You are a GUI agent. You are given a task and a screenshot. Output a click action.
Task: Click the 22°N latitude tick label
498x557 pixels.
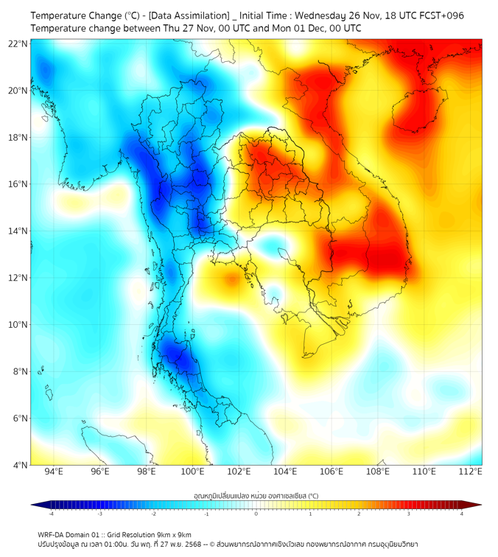[x=18, y=43]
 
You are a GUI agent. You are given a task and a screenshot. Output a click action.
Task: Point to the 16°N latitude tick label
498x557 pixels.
[x=18, y=184]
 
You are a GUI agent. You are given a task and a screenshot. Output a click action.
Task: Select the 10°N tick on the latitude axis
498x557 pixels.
[x=18, y=325]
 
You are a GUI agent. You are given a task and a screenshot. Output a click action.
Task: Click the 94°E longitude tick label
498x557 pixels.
[x=54, y=472]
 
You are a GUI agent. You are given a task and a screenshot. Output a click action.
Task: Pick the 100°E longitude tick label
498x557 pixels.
[x=193, y=472]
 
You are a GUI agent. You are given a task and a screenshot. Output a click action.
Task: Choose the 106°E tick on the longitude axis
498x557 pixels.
[x=332, y=472]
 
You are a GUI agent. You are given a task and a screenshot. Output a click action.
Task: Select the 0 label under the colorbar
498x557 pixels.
[x=256, y=514]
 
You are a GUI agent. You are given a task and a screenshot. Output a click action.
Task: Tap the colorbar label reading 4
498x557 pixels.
[x=462, y=514]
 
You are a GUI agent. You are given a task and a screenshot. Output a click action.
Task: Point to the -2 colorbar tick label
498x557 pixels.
[x=153, y=514]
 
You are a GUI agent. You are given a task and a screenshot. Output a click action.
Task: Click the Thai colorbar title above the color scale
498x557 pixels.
[x=256, y=495]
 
